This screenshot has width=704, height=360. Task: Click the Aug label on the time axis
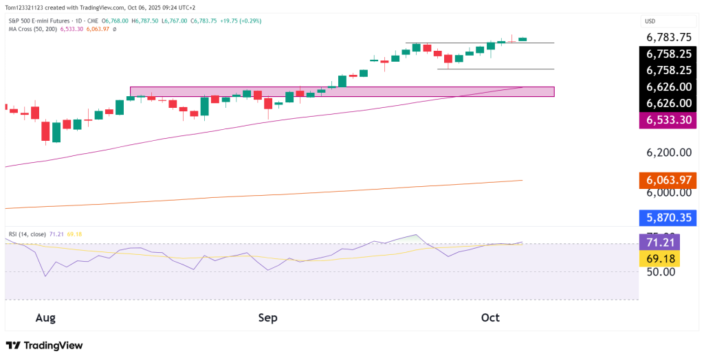click(45, 317)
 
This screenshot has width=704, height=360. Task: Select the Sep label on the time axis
click(267, 317)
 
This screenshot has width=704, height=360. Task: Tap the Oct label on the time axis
click(490, 317)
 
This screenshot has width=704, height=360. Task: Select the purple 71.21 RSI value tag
click(659, 242)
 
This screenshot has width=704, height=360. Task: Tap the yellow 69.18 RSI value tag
click(659, 258)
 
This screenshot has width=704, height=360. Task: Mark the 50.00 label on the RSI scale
click(659, 272)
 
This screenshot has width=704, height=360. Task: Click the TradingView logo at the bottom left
click(44, 346)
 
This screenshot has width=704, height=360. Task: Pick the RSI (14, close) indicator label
click(27, 234)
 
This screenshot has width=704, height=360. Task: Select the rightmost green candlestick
click(522, 39)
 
